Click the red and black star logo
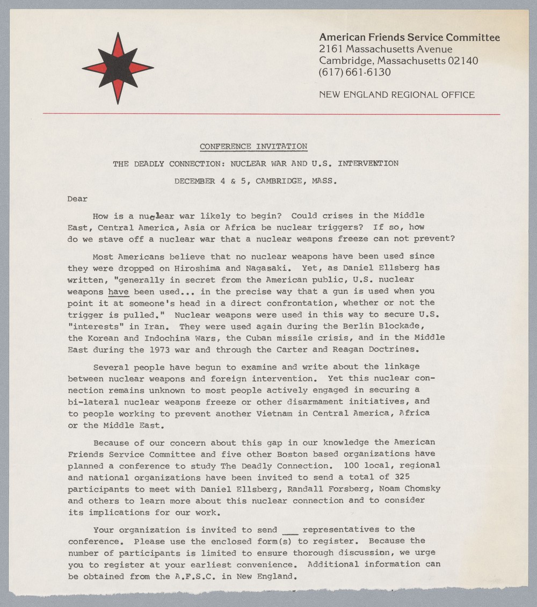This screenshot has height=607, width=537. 118,68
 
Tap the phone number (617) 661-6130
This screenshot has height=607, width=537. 354,72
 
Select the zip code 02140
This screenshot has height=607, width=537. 462,61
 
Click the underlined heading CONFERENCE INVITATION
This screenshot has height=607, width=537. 253,146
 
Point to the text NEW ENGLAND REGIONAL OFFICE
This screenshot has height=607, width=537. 396,95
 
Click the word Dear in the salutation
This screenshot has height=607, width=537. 77,199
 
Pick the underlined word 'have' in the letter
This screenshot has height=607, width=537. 118,291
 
